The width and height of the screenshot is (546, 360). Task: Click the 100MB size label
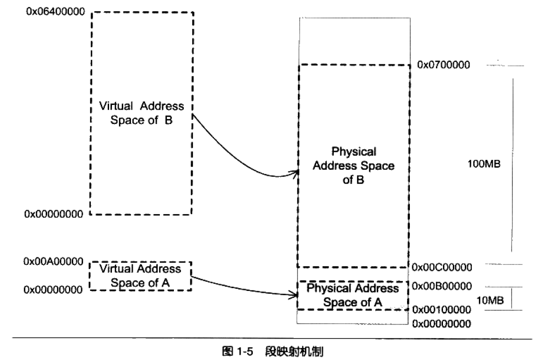483,164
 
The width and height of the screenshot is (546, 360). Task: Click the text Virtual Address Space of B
142,113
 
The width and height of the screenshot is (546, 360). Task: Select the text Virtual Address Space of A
141,276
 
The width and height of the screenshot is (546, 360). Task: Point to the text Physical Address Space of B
353,166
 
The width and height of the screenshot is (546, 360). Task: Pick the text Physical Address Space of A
353,295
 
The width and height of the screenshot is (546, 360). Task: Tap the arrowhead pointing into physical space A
295,295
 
